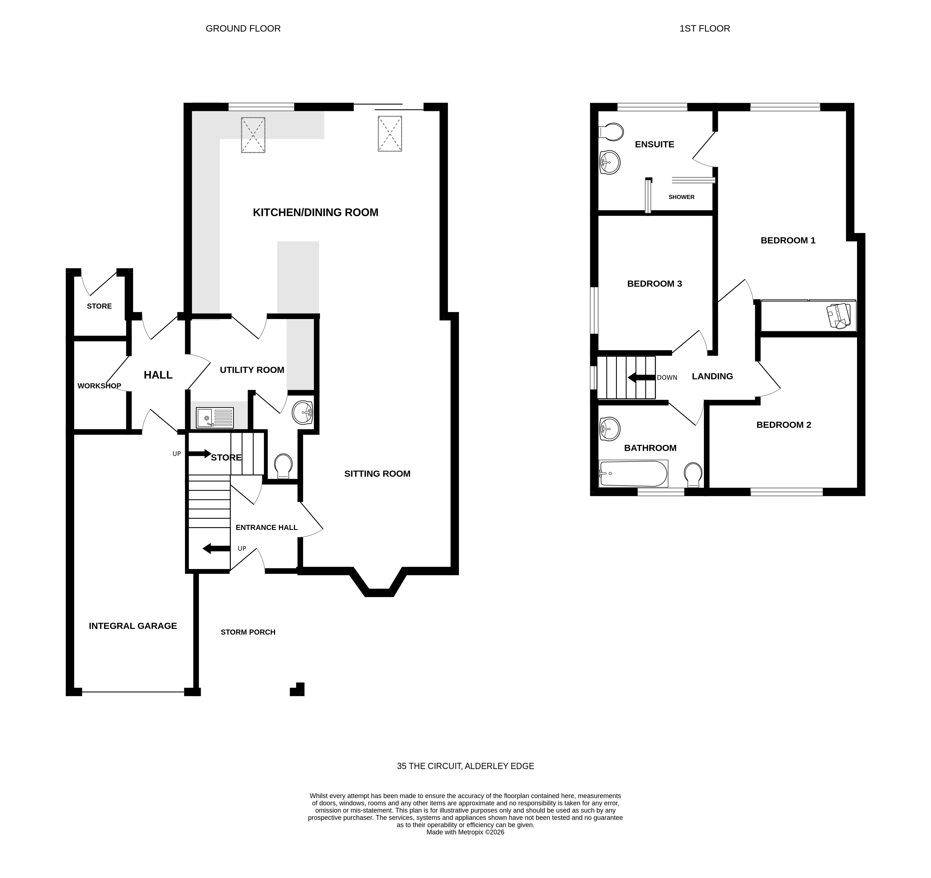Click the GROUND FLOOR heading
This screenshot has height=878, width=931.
(243, 29)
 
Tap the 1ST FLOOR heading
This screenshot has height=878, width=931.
(704, 29)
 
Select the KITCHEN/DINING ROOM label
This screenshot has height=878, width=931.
(315, 213)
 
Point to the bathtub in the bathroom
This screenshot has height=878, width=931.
(633, 474)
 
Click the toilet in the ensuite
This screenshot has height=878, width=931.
(611, 132)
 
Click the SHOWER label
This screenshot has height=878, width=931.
(681, 197)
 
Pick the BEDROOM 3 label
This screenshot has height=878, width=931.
(654, 284)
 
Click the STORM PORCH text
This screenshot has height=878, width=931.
(248, 632)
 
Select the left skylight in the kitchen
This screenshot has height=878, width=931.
(253, 135)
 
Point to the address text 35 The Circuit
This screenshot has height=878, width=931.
(465, 766)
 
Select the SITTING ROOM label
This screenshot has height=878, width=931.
(377, 474)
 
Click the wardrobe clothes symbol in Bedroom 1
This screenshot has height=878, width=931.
(838, 316)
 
